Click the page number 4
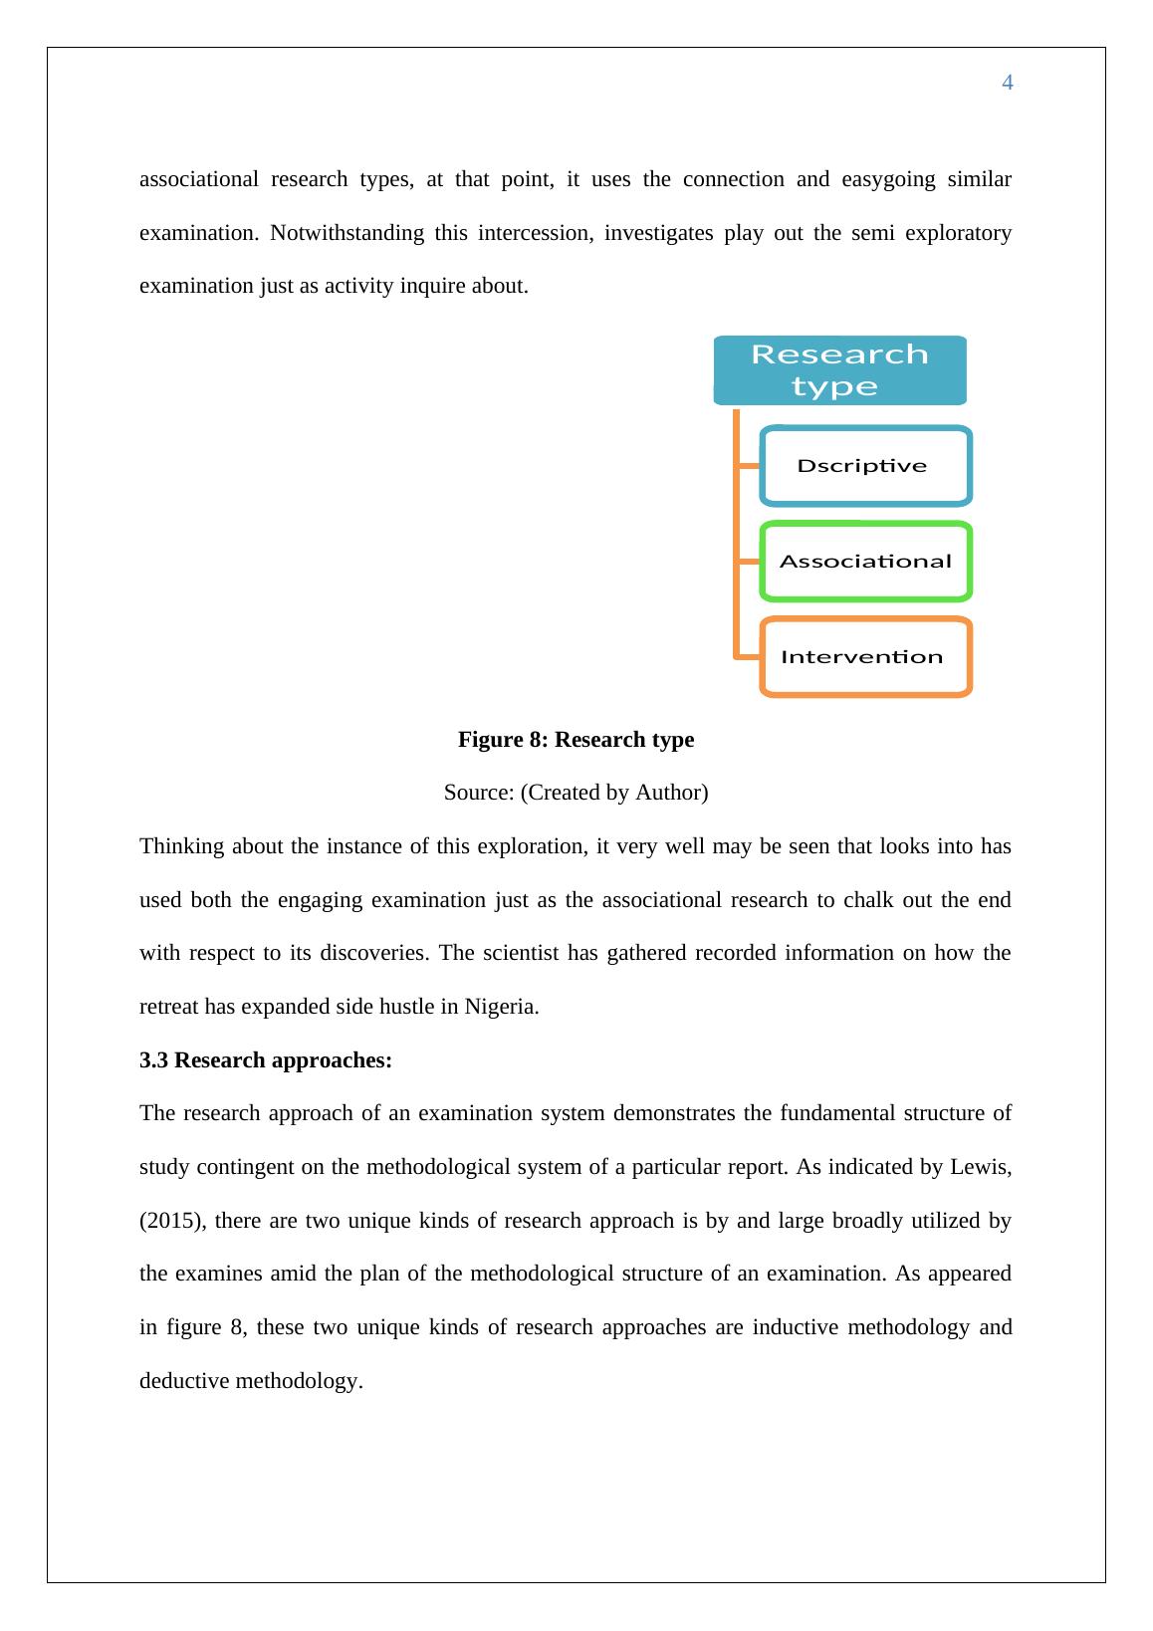tap(1007, 83)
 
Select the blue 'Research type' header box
tap(839, 370)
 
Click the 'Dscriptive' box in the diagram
tap(864, 466)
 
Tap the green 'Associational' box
tap(864, 562)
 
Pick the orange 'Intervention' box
tap(864, 657)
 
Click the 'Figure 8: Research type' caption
tap(576, 740)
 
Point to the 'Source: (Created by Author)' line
tap(576, 793)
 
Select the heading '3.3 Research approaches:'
tap(266, 1059)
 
